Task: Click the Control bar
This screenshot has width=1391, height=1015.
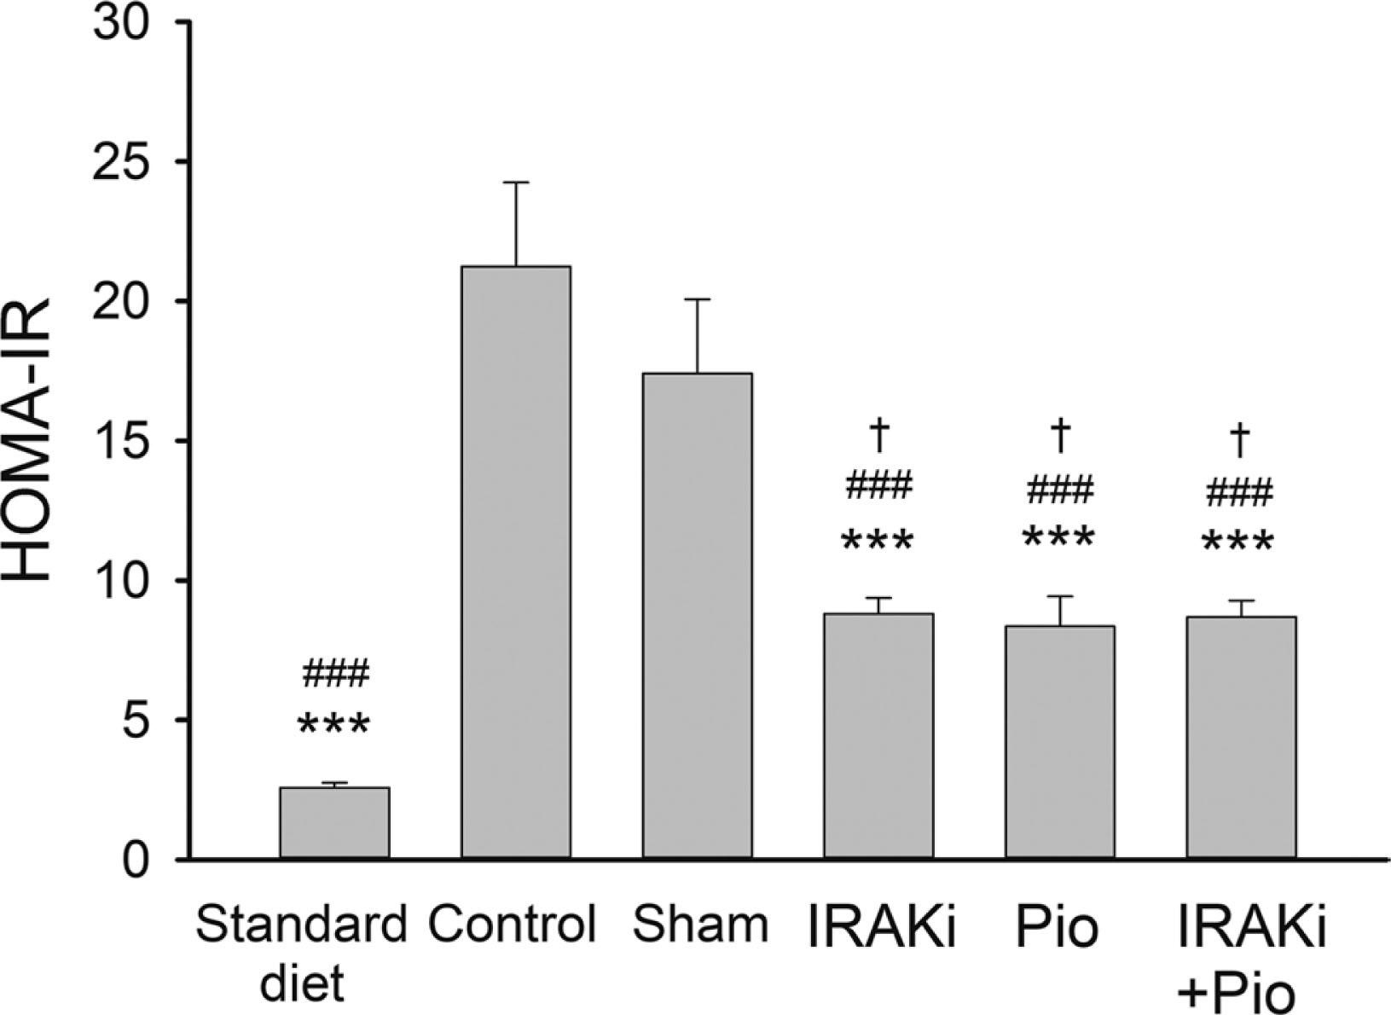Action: pyautogui.click(x=516, y=563)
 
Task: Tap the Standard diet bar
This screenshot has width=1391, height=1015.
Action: pyautogui.click(x=334, y=823)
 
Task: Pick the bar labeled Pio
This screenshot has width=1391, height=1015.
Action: pyautogui.click(x=1059, y=742)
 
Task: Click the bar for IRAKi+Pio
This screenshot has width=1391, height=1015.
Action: pyautogui.click(x=1241, y=738)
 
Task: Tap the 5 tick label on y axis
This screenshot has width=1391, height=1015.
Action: pyautogui.click(x=142, y=720)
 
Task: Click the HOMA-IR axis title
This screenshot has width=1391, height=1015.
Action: pyautogui.click(x=34, y=442)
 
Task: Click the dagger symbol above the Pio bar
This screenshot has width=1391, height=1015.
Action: pyautogui.click(x=1059, y=435)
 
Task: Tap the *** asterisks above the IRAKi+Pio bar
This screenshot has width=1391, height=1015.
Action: pyautogui.click(x=1237, y=542)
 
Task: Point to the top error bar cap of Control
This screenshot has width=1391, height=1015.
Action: pyautogui.click(x=516, y=183)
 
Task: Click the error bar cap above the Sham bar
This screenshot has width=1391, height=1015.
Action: pyautogui.click(x=697, y=299)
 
